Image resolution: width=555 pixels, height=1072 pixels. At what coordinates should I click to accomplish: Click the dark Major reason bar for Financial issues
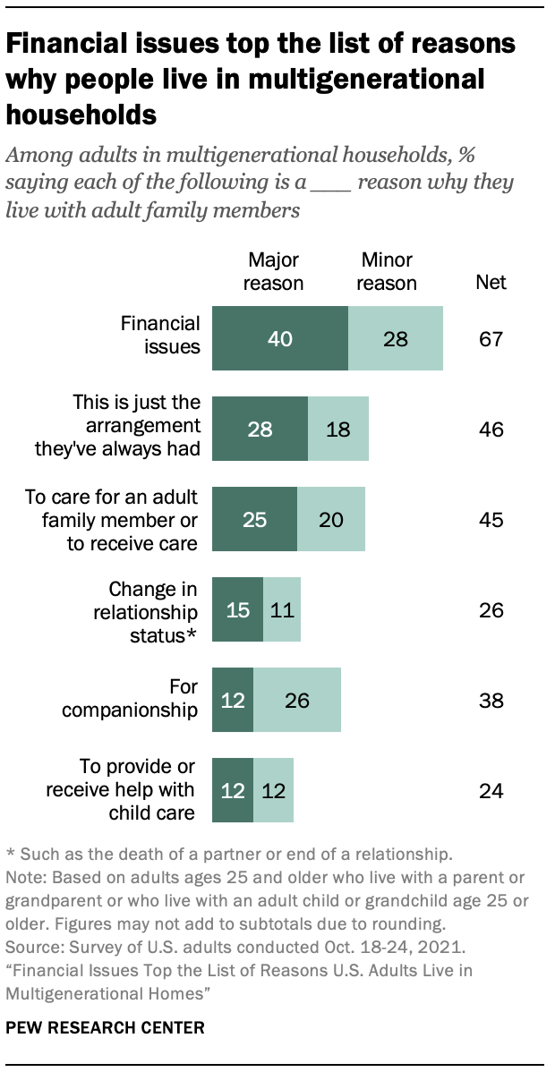279,338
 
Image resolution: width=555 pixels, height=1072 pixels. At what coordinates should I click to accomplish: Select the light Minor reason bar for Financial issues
395,338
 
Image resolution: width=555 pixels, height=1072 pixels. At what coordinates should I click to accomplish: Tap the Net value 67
491,339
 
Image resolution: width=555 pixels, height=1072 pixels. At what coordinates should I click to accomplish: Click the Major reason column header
274,271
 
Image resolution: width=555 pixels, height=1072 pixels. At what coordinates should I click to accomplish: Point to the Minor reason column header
388,271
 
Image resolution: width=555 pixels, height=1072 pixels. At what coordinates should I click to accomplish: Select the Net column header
491,283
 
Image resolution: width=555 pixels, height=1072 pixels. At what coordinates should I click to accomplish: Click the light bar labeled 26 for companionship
297,700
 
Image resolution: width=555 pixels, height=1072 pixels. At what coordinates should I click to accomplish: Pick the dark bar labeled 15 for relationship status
237,609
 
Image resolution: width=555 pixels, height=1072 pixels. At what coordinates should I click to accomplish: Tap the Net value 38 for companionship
491,701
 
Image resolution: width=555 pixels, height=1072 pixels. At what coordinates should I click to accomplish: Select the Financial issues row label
161,335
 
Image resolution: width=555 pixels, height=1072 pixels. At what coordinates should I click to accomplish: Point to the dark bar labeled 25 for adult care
254,519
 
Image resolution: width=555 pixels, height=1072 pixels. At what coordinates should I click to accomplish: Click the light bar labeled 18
338,429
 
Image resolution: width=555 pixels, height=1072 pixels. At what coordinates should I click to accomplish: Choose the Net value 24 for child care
491,790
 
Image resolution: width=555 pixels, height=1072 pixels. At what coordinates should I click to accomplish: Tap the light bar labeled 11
282,609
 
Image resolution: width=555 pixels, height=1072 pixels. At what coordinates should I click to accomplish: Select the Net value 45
491,520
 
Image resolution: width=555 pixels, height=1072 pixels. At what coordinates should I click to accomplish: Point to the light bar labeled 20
331,519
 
